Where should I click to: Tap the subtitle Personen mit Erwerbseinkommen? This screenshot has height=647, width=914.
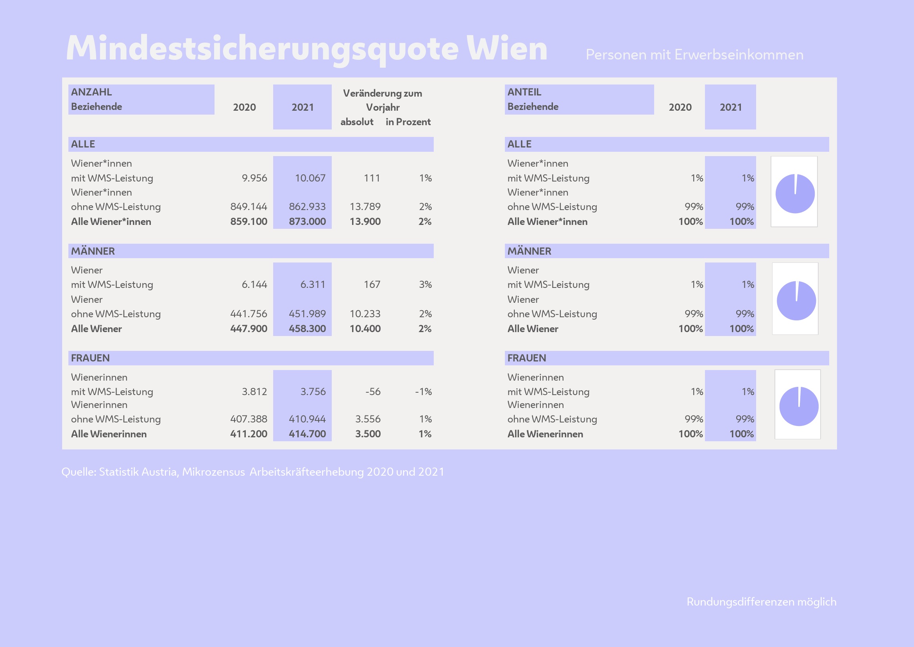click(694, 55)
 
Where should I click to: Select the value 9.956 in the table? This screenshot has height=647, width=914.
click(254, 178)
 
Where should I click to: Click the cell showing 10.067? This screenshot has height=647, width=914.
click(310, 178)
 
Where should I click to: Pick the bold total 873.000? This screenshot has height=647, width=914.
click(307, 221)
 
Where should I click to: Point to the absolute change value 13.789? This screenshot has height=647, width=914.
click(365, 207)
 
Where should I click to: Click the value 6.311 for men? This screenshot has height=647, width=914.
click(313, 284)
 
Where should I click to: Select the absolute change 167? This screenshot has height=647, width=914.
click(372, 284)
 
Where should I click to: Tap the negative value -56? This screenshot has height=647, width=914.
click(373, 392)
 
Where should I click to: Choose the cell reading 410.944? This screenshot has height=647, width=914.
click(307, 419)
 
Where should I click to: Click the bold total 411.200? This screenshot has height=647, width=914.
click(249, 434)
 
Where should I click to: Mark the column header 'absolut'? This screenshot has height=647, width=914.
click(357, 122)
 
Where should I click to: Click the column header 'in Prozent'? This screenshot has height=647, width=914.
click(408, 122)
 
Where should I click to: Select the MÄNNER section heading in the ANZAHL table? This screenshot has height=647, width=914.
click(93, 251)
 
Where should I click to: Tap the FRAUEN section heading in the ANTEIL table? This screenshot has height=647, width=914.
click(527, 358)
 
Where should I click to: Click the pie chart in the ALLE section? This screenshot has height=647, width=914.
click(794, 194)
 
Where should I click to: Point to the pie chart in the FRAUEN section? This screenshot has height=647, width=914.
click(799, 406)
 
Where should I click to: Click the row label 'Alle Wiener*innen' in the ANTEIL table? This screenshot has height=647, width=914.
click(547, 221)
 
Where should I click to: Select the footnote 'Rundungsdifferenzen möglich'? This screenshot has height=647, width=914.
click(761, 602)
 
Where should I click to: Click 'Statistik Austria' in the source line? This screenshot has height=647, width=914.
click(139, 472)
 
